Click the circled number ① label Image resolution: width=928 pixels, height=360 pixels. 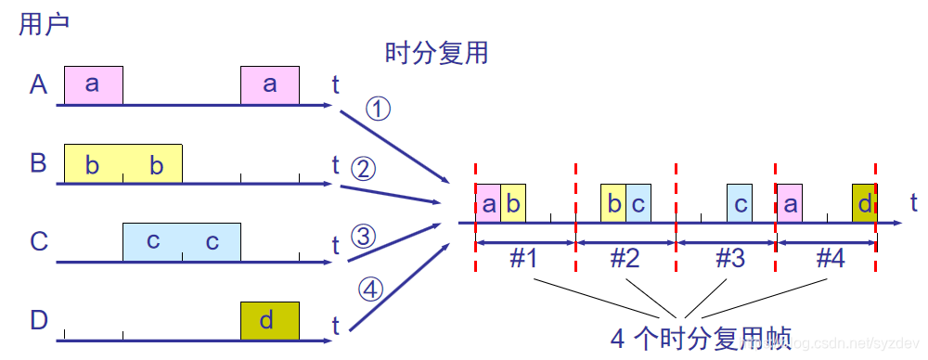379,109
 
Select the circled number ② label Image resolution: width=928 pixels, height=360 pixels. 362,169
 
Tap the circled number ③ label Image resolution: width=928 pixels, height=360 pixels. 364,237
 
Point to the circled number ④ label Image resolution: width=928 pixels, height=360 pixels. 370,290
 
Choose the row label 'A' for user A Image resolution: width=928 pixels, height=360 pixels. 38,85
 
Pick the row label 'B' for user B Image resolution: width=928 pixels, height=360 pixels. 38,163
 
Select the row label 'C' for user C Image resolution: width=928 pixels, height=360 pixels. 38,242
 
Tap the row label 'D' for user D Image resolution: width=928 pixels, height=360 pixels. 38,321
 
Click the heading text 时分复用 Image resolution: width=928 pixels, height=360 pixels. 436,53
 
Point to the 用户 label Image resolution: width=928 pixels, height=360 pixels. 45,24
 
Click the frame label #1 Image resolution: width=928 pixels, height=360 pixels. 524,259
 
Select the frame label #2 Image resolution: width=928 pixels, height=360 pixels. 626,259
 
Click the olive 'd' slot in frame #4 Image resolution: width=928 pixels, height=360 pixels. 864,203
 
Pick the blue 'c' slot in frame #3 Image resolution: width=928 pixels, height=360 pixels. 739,203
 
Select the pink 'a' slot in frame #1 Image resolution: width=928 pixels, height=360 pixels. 488,203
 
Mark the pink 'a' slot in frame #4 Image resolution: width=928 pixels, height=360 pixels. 790,203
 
